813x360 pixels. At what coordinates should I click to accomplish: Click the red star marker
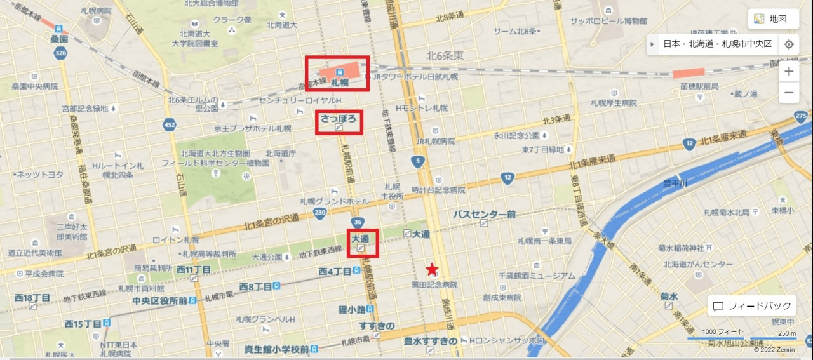click(x=432, y=269)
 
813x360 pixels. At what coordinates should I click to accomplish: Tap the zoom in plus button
click(x=789, y=71)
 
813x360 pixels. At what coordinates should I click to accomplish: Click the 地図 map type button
click(x=772, y=19)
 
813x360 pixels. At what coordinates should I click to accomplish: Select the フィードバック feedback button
click(x=752, y=306)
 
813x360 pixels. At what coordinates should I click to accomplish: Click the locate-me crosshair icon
click(x=789, y=44)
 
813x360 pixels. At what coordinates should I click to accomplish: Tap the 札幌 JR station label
click(x=340, y=83)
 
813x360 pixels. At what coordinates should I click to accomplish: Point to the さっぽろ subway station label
click(x=340, y=118)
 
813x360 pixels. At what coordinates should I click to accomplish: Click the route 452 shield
click(x=169, y=125)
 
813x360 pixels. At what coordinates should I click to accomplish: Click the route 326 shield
click(x=61, y=54)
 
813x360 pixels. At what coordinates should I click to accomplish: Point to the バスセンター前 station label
click(x=484, y=215)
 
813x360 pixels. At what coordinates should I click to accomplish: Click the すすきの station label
click(x=377, y=326)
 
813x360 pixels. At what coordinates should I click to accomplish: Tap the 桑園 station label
click(x=59, y=39)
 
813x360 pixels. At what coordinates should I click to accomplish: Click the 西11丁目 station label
click(x=194, y=270)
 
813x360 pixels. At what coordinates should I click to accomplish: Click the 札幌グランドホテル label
click(x=334, y=201)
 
